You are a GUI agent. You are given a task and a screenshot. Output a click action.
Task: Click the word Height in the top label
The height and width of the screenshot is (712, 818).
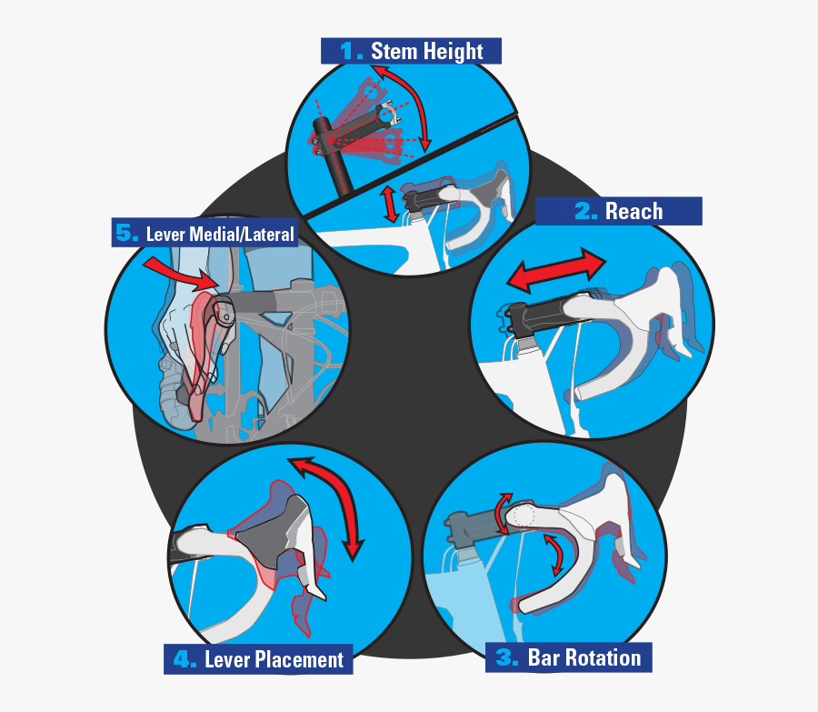453,52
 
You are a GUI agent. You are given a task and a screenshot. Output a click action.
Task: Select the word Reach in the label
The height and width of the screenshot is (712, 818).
633,211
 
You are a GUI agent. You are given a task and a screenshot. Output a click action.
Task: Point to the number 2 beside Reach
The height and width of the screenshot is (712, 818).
586,211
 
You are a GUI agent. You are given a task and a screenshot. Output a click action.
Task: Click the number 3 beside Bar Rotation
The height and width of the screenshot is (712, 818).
506,657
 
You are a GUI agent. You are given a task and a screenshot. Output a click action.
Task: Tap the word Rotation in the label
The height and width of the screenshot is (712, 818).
608,657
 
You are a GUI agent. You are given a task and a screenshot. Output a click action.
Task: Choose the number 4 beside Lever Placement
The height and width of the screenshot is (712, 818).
185,659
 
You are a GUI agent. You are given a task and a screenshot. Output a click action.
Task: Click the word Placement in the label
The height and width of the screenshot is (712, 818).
299,660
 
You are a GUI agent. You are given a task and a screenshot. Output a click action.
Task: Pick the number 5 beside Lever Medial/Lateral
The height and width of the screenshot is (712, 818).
126,233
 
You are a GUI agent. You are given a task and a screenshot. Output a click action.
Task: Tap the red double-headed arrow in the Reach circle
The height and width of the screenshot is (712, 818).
556,270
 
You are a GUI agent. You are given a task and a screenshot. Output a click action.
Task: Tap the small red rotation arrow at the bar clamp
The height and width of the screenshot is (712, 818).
502,514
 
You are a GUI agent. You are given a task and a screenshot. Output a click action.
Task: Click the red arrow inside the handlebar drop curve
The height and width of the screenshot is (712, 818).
556,555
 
